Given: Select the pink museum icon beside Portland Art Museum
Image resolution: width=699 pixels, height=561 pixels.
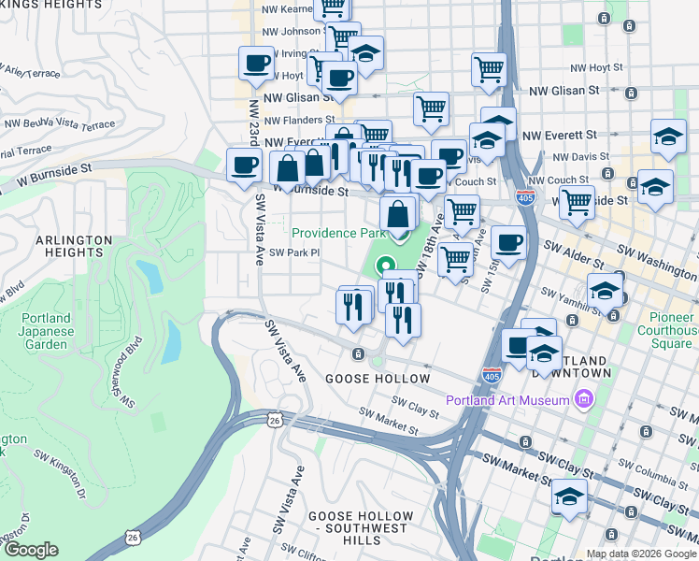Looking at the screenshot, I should point(585,400).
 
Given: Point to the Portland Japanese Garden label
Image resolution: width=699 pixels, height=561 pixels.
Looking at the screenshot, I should point(45,332).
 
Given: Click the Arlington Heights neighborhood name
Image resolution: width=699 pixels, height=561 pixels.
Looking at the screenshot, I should point(68,246).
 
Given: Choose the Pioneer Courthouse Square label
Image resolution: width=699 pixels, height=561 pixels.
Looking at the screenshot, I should point(665,337).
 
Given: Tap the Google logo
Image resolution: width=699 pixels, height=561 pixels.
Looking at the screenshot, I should point(32,549).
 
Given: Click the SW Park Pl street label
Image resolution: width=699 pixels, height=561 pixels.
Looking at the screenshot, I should point(294,252).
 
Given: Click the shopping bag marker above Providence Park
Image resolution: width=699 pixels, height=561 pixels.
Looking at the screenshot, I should point(398,213).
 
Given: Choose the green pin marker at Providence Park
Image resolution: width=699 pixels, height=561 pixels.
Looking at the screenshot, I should point(384,267).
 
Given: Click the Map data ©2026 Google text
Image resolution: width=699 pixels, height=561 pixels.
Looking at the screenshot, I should point(641,554).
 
